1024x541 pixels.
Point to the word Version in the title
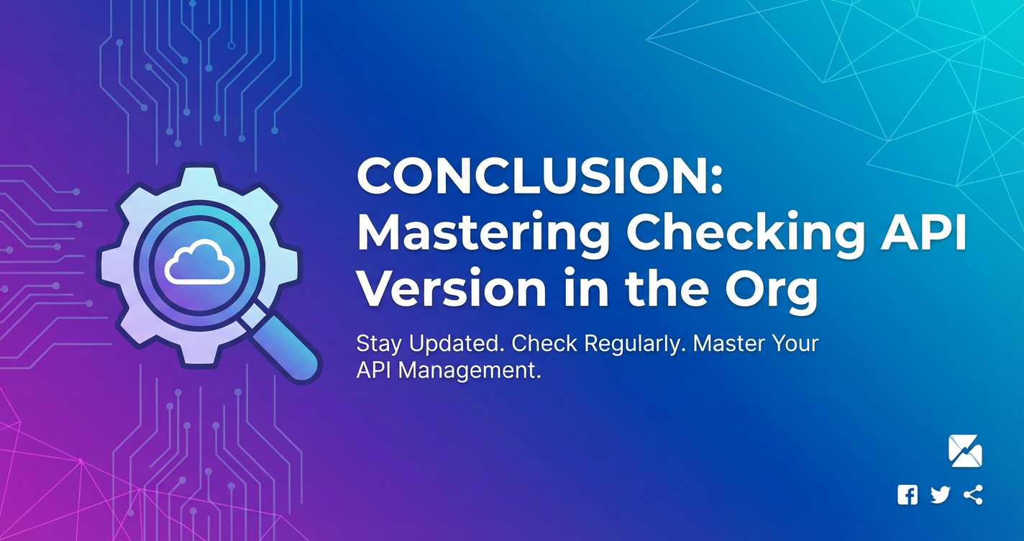452,288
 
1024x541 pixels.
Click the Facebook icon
908,495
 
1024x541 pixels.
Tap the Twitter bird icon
941,495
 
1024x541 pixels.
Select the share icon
973,495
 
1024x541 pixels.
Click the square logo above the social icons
966,451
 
